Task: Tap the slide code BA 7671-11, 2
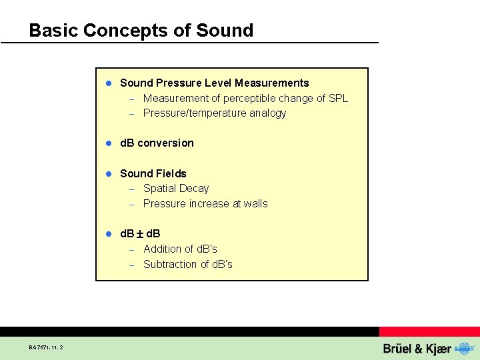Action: coord(47,347)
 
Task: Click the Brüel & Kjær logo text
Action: coord(417,349)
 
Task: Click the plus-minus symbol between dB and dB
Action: coord(141,234)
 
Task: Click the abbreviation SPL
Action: coord(338,99)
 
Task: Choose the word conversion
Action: coord(166,143)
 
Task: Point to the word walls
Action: coord(255,204)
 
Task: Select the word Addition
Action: coord(162,249)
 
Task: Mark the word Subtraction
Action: coord(169,265)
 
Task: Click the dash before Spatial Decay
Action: coord(132,189)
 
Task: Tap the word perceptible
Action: coord(250,99)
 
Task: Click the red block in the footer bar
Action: coord(429,331)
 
